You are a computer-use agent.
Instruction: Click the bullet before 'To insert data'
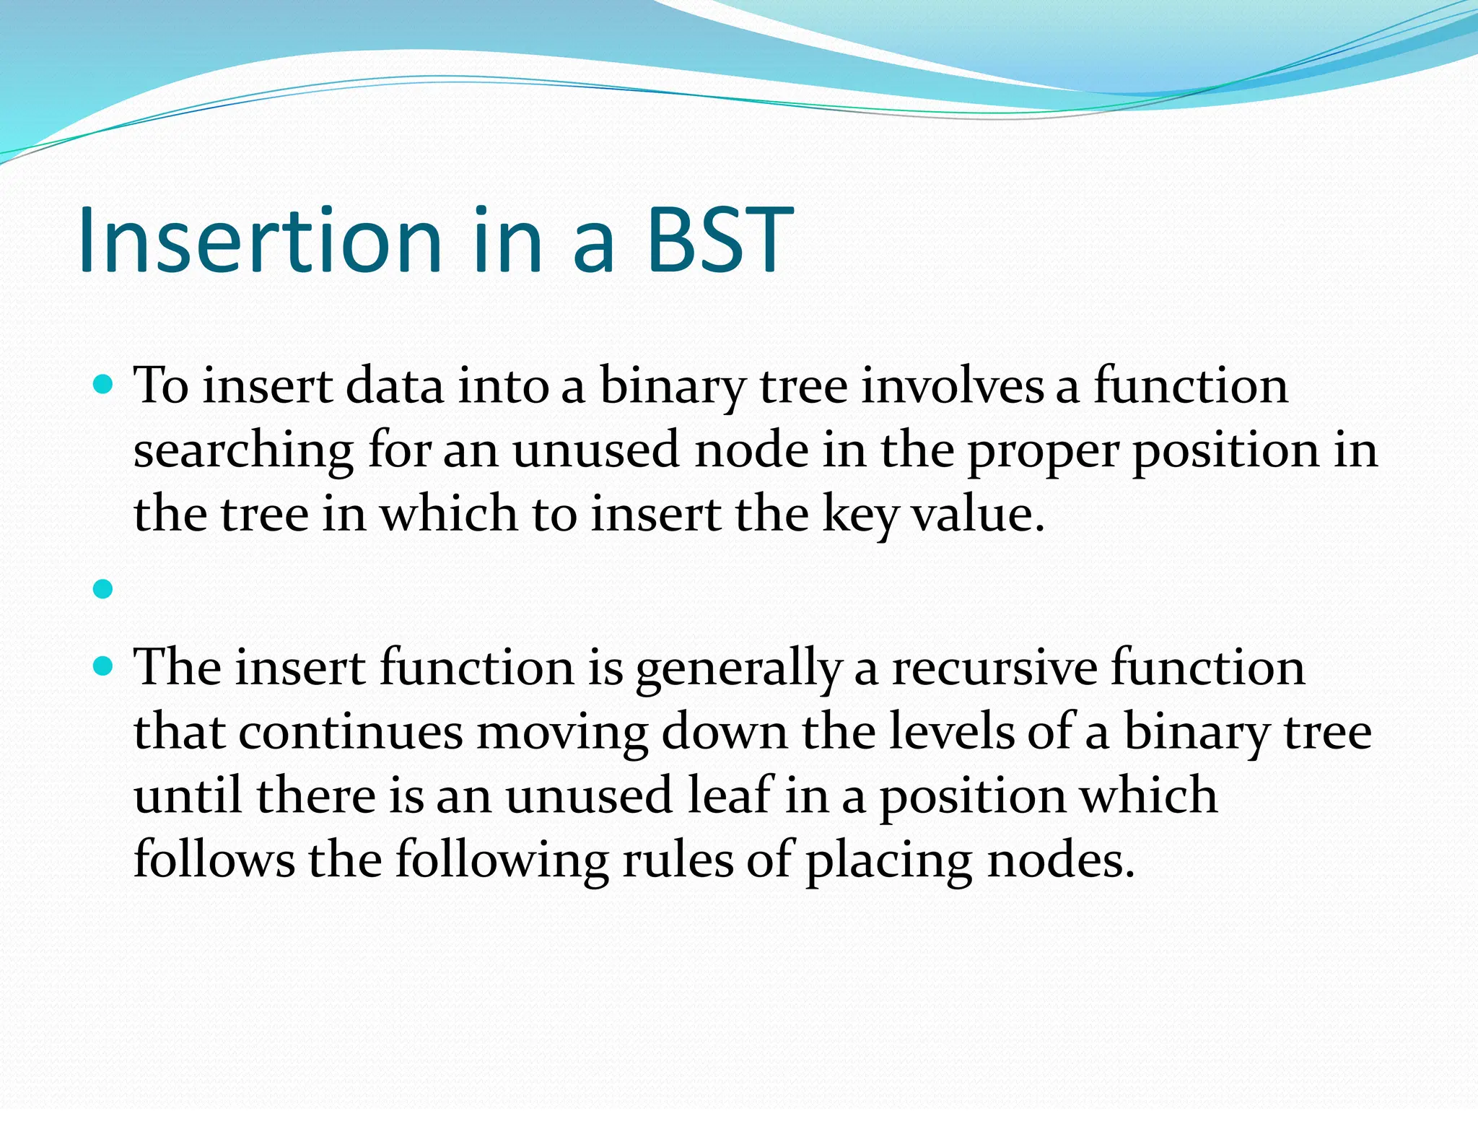tap(104, 383)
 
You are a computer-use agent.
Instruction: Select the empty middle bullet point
tap(104, 589)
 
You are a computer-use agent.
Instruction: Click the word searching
tap(243, 451)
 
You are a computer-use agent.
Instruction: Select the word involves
tap(953, 386)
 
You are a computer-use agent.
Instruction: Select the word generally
tap(738, 668)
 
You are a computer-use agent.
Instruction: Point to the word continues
tap(351, 732)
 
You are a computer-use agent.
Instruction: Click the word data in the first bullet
tap(395, 386)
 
